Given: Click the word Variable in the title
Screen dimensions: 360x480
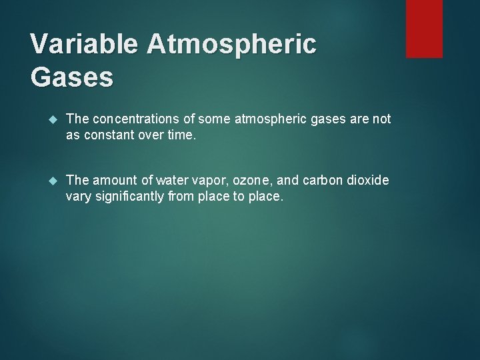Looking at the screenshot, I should click(x=84, y=45).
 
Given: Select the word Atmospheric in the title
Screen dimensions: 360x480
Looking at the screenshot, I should click(x=231, y=45).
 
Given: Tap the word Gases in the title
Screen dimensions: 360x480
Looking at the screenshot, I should click(x=72, y=77).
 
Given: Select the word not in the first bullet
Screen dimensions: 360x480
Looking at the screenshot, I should click(x=382, y=119).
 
